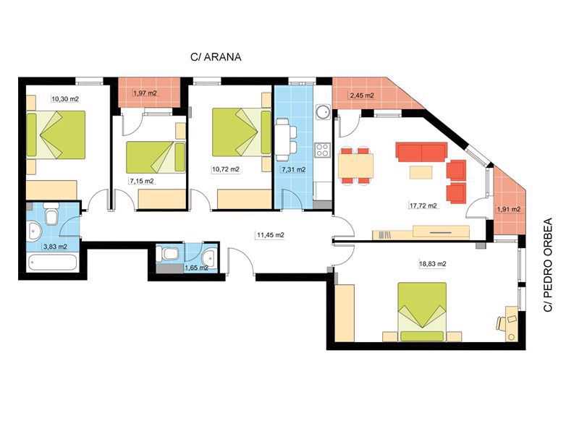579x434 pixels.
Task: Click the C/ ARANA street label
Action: (x=216, y=57)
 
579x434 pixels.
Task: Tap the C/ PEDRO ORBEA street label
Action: (x=548, y=265)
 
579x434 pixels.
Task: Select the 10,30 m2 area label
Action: (x=65, y=99)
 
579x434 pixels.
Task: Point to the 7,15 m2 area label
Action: (x=141, y=181)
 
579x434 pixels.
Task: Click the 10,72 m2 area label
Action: (x=225, y=169)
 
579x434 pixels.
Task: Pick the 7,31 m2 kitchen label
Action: (x=294, y=170)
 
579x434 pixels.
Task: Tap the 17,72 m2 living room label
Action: (x=423, y=205)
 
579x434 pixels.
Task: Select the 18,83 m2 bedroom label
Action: (x=432, y=264)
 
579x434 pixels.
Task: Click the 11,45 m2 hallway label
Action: (x=270, y=234)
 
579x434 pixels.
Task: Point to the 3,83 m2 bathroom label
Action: (x=55, y=247)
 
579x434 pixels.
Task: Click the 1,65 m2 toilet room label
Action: (x=196, y=268)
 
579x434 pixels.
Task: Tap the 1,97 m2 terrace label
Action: (x=145, y=93)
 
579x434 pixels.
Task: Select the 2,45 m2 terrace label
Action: (x=362, y=95)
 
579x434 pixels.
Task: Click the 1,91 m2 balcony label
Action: (x=509, y=209)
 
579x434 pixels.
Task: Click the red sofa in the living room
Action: (x=421, y=152)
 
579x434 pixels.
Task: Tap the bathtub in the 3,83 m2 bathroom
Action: (x=52, y=262)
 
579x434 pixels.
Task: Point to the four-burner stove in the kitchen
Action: (x=322, y=150)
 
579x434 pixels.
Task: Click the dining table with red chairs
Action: (x=355, y=166)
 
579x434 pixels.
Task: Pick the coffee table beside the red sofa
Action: (x=420, y=172)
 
